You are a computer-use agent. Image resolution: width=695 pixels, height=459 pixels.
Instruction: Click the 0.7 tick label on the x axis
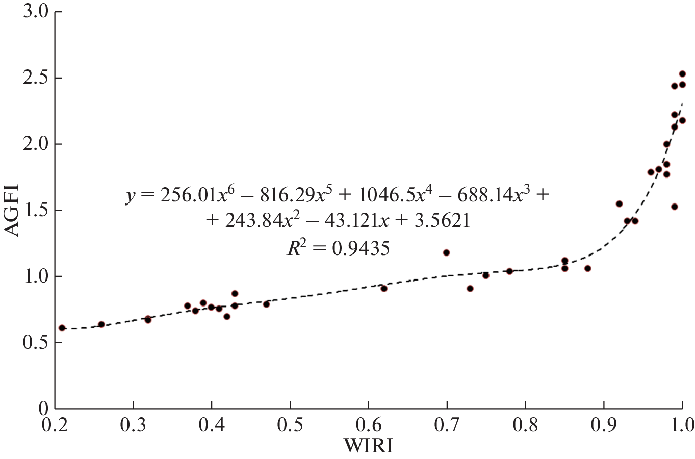pyautogui.click(x=447, y=424)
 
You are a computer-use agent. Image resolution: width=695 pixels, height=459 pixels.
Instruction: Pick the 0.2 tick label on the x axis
pyautogui.click(x=55, y=424)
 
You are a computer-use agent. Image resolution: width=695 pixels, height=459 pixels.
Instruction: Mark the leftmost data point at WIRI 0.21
pyautogui.click(x=62, y=328)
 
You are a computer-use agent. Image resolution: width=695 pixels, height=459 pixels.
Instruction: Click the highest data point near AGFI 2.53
pyautogui.click(x=682, y=74)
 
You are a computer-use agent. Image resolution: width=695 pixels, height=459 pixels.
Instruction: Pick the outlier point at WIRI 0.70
pyautogui.click(x=447, y=252)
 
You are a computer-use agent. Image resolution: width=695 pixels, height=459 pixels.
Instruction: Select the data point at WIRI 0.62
pyautogui.click(x=384, y=289)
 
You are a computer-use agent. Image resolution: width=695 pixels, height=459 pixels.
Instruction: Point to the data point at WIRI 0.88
pyautogui.click(x=588, y=268)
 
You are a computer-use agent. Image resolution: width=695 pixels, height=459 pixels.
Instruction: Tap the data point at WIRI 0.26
pyautogui.click(x=101, y=324)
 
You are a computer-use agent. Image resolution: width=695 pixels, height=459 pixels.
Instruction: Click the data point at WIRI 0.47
pyautogui.click(x=266, y=304)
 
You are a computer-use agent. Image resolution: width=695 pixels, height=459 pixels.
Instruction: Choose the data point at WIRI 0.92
pyautogui.click(x=619, y=204)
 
